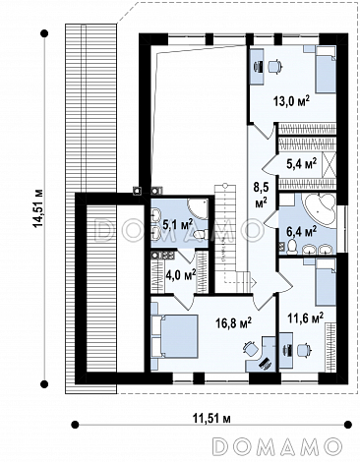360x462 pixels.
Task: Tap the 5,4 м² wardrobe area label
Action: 301,163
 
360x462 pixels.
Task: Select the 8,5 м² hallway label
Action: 261,195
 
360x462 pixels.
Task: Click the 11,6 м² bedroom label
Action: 306,318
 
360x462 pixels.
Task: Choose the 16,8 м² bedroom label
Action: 233,323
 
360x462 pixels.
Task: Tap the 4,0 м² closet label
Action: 181,274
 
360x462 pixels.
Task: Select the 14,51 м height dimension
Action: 38,208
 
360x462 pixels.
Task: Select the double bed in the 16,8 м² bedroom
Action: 175,336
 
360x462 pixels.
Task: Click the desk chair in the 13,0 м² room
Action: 274,66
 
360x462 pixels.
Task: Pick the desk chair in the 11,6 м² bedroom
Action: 303,350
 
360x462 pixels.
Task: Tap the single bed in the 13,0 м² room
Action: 326,70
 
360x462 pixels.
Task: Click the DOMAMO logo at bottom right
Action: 277,446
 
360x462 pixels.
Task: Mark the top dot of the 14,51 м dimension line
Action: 44,33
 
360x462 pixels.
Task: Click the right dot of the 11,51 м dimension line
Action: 348,425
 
